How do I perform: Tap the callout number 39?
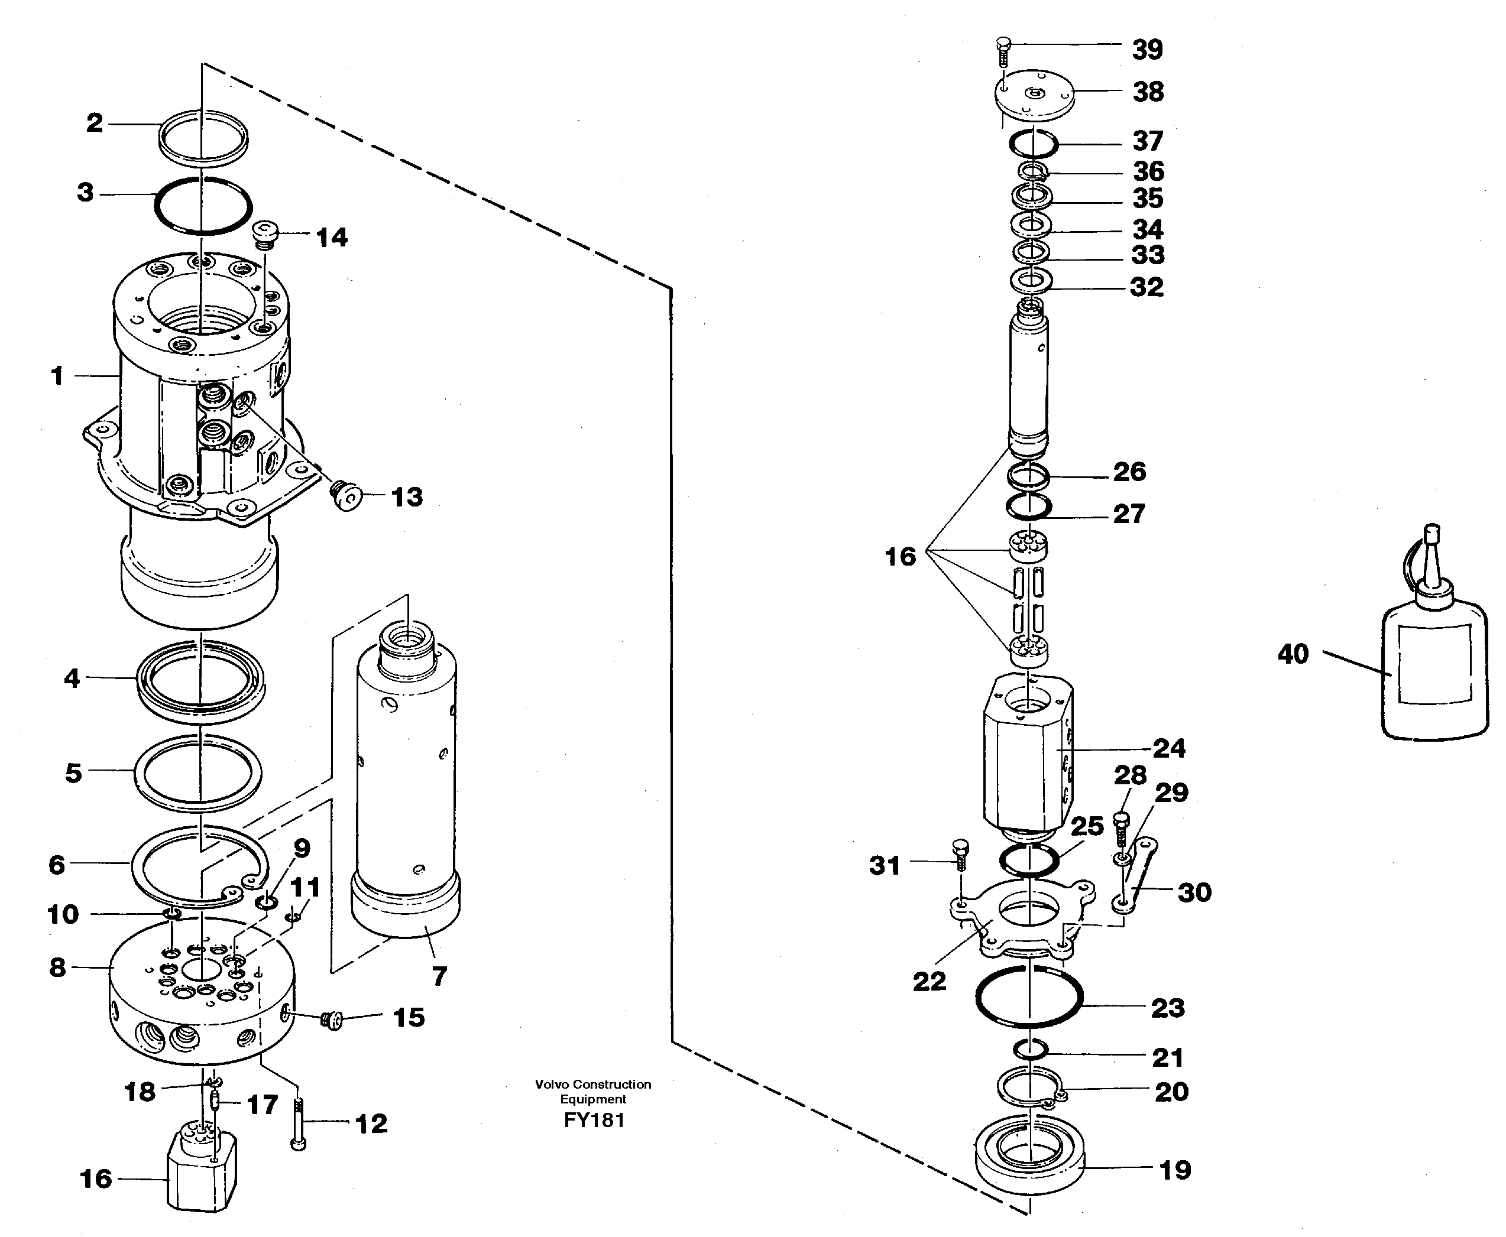(x=1148, y=49)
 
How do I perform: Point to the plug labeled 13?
(x=347, y=495)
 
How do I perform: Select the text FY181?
(x=594, y=1120)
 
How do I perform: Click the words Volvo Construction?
(x=593, y=1085)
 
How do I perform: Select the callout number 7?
(x=439, y=976)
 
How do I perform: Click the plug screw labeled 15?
(x=331, y=1020)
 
